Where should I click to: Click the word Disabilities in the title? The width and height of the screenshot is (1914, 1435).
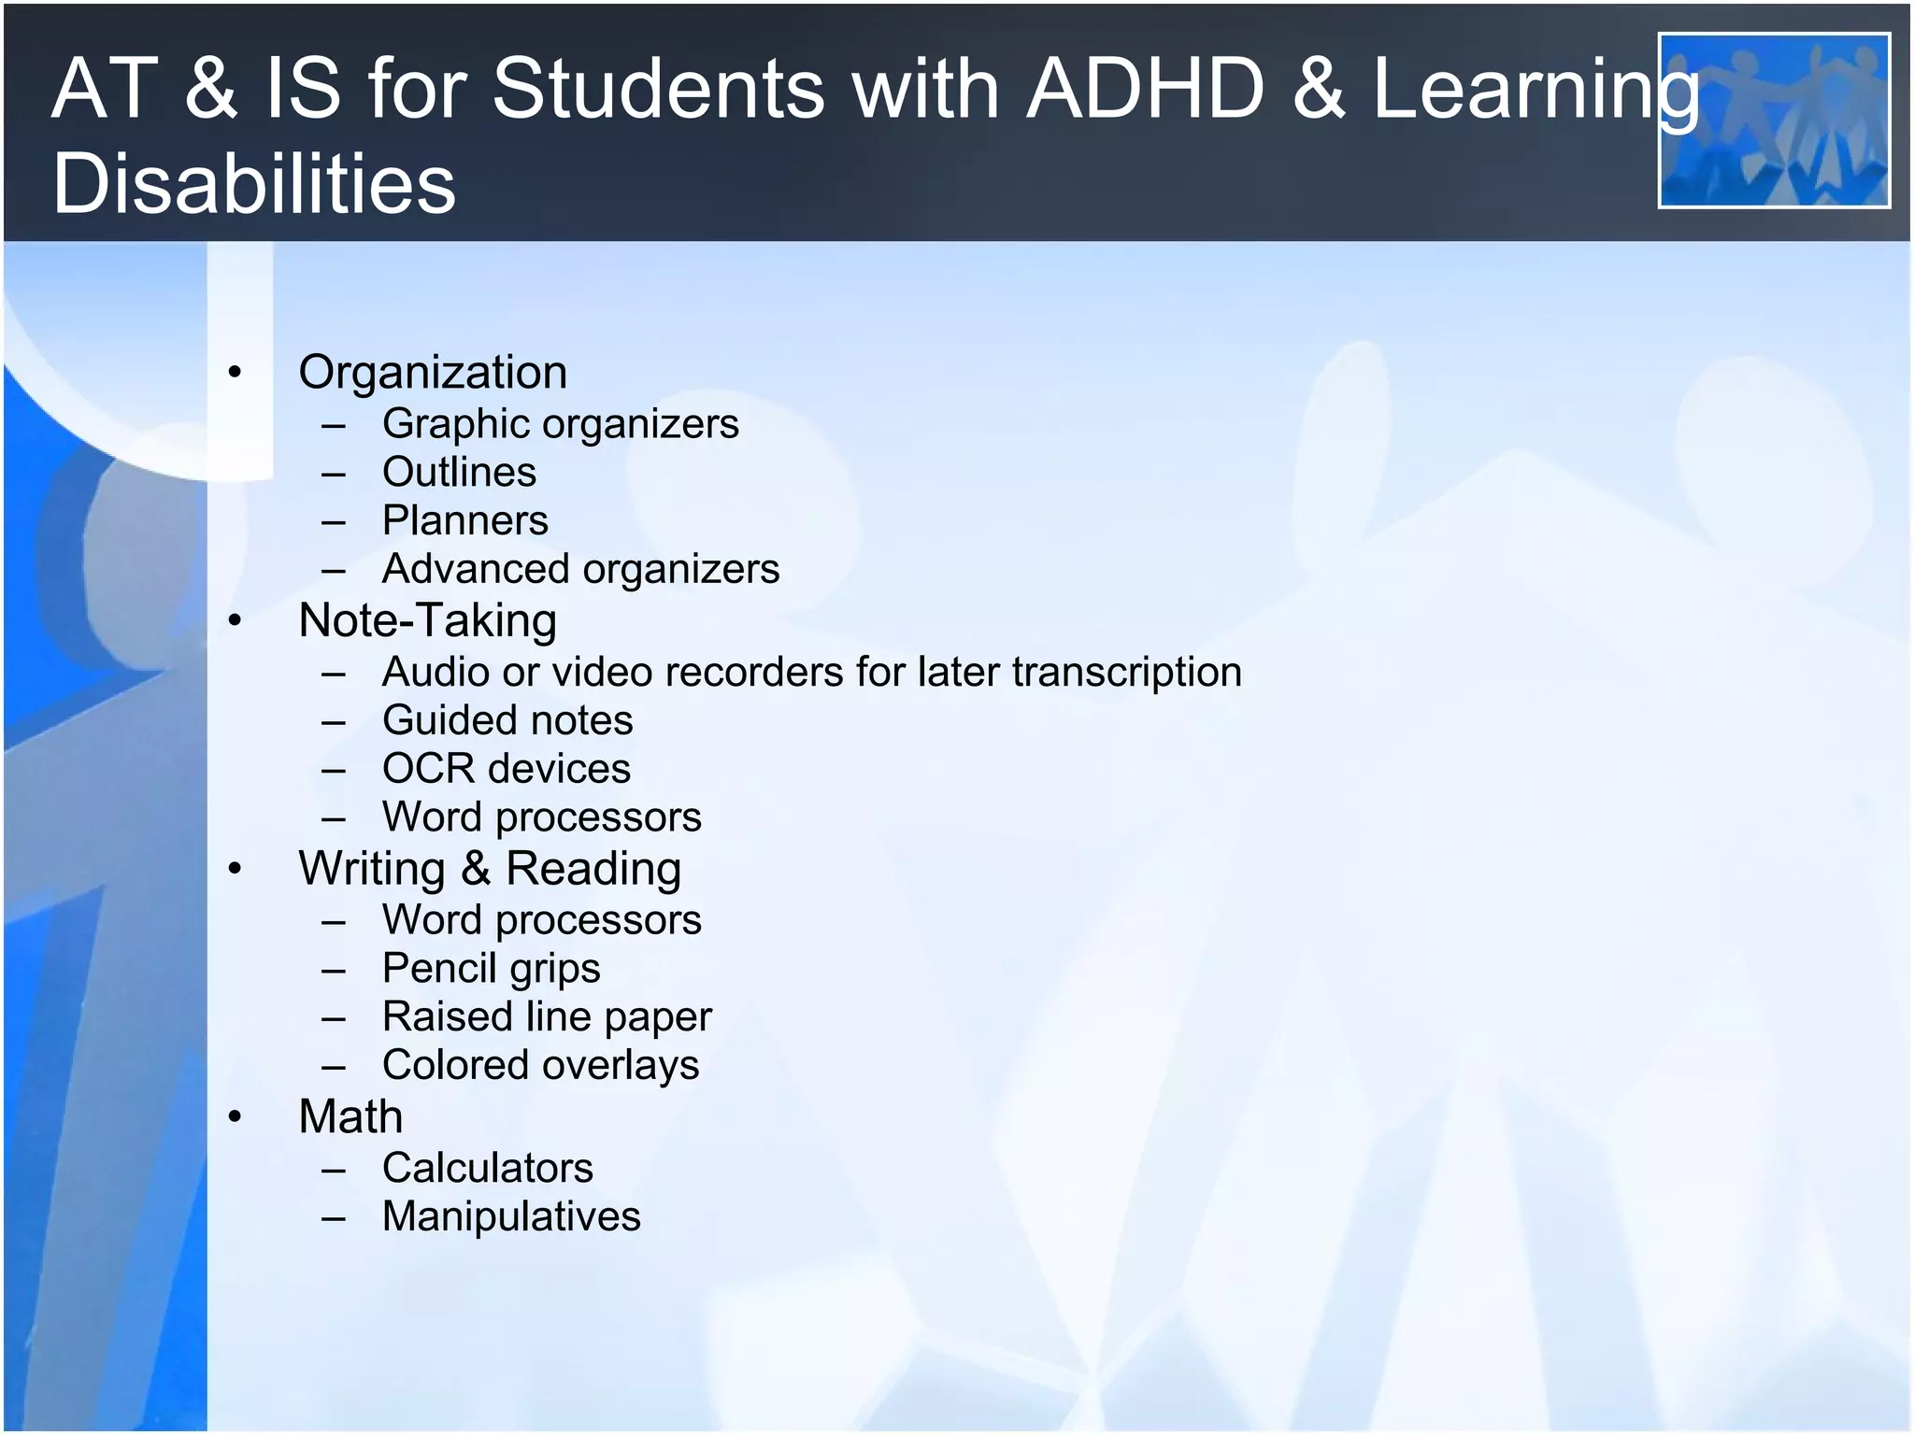pos(254,183)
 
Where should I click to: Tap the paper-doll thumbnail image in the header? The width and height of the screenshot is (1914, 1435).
pos(1773,120)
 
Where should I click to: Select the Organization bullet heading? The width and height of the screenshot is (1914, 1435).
pos(433,372)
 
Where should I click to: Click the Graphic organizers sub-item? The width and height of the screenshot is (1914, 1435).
pos(560,424)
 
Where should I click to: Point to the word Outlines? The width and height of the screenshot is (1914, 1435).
pos(459,472)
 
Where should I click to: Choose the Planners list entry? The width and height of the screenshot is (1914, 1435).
pos(464,520)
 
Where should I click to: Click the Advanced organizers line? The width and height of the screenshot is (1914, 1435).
pos(580,569)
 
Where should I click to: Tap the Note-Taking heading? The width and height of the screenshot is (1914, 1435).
pos(427,620)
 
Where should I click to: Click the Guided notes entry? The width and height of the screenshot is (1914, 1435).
pos(507,720)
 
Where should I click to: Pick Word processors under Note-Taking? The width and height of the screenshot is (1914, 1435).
pos(541,817)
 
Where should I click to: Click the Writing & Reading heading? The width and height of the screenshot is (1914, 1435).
pos(490,868)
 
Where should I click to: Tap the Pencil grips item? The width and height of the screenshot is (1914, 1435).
pos(491,969)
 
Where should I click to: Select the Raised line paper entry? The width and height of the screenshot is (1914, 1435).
pos(547,1017)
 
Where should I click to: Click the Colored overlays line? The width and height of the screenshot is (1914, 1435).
pos(540,1065)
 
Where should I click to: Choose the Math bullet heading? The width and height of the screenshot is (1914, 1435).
pos(350,1116)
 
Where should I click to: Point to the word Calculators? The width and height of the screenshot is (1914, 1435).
pos(487,1168)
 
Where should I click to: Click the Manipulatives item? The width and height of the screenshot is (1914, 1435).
pos(511,1216)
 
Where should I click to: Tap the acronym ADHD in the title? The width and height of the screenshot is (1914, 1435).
pos(1145,89)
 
